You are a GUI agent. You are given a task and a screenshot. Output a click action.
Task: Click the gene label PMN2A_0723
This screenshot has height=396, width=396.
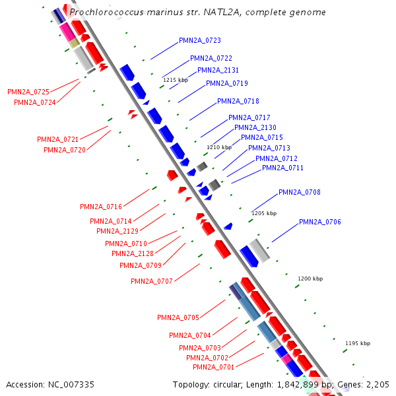(x=200, y=41)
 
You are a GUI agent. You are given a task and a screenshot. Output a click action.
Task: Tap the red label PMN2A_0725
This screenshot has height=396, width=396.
(x=28, y=92)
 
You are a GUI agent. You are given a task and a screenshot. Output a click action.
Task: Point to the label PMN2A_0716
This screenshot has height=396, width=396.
(x=101, y=207)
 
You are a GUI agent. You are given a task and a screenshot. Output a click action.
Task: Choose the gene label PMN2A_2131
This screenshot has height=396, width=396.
(x=218, y=71)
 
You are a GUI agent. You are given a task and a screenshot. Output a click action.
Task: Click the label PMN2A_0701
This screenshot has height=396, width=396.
(x=214, y=367)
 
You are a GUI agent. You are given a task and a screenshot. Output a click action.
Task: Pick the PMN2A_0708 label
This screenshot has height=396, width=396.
(x=300, y=193)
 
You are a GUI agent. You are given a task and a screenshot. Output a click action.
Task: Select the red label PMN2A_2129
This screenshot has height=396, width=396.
(x=117, y=231)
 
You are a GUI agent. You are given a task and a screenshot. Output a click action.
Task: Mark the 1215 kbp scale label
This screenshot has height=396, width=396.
(x=176, y=80)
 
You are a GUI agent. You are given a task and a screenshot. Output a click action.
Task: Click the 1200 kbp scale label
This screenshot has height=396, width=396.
(x=310, y=279)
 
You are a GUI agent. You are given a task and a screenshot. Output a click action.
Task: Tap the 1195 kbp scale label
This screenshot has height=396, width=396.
(x=358, y=343)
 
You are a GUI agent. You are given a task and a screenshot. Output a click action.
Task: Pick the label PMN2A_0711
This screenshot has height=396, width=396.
(x=282, y=168)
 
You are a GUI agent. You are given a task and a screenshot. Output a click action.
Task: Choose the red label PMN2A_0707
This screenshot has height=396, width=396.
(x=152, y=282)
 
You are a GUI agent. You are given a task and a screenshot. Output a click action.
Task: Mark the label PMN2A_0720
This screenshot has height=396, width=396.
(x=65, y=150)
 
